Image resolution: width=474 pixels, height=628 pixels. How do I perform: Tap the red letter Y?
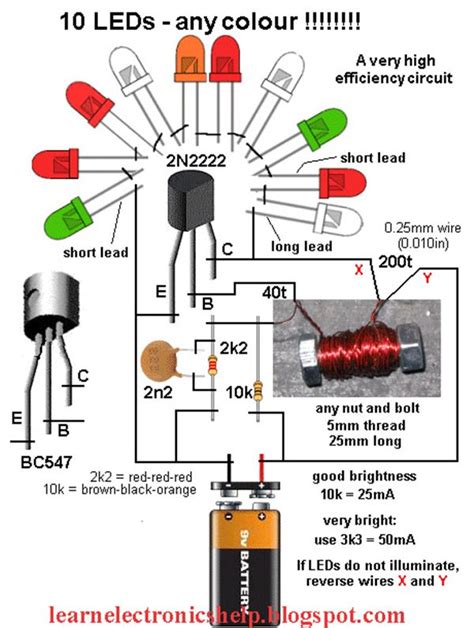click(427, 277)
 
